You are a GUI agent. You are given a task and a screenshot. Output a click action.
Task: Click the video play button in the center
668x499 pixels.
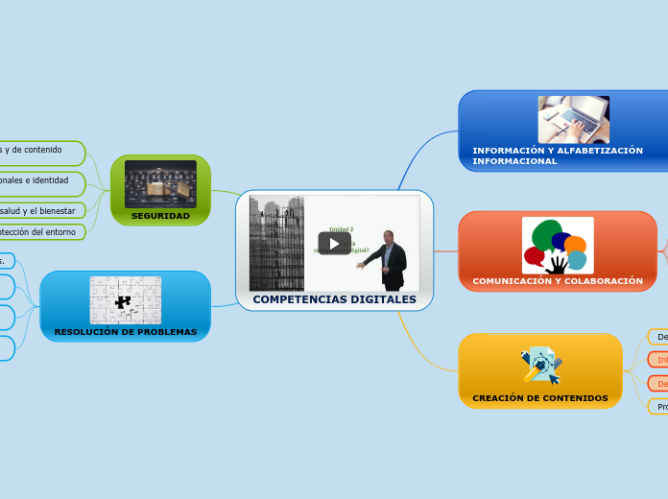334,243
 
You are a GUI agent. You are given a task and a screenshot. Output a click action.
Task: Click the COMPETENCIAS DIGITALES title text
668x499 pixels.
334,299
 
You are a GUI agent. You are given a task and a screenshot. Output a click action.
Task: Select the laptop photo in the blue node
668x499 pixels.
573,120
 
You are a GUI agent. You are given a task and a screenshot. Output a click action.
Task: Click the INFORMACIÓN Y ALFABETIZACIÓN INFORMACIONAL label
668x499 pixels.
557,155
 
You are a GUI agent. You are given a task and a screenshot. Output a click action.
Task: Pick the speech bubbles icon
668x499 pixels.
557,245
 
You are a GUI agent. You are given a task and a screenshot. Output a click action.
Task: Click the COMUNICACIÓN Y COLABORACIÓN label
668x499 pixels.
557,281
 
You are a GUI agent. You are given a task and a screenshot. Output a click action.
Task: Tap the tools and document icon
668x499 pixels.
540,365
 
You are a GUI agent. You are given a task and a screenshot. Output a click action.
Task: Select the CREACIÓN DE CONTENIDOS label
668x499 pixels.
539,397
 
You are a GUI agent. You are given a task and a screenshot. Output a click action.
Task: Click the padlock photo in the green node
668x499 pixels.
160,183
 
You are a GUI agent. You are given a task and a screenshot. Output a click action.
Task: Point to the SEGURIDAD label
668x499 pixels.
160,216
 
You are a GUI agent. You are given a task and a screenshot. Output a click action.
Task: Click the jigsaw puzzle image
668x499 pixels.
125,299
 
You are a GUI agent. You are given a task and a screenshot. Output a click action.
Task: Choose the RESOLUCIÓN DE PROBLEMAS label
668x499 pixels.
125,332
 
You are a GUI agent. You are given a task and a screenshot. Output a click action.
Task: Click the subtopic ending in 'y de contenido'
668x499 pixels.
34,150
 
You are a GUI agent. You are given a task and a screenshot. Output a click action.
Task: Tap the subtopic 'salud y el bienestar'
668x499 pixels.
38,210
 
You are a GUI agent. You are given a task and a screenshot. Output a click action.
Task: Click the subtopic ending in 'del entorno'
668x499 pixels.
38,231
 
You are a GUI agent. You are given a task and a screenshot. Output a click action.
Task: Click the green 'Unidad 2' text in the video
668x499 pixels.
342,229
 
